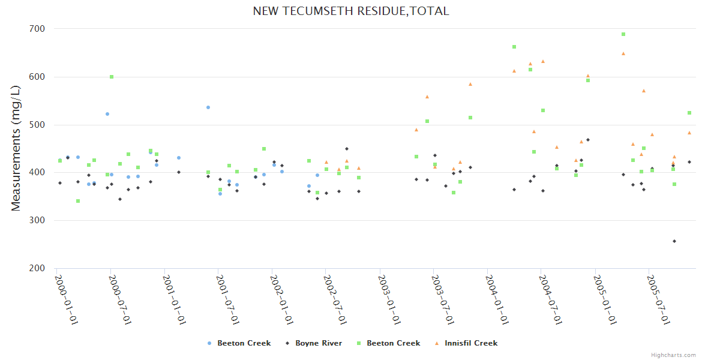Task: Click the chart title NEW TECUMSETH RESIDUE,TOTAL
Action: pyautogui.click(x=350, y=11)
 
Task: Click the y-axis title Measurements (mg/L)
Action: pyautogui.click(x=16, y=148)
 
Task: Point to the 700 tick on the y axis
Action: pyautogui.click(x=38, y=29)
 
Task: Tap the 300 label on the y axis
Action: pyautogui.click(x=38, y=220)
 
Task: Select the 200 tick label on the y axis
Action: pyautogui.click(x=38, y=268)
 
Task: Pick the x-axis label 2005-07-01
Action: pyautogui.click(x=658, y=299)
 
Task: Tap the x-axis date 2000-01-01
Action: pyautogui.click(x=67, y=299)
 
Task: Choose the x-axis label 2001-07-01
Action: pyautogui.click(x=228, y=299)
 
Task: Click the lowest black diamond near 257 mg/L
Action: pyautogui.click(x=674, y=241)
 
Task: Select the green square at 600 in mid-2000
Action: pyautogui.click(x=112, y=77)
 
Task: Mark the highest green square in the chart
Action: pyautogui.click(x=623, y=34)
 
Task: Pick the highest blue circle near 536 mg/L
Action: pyautogui.click(x=208, y=107)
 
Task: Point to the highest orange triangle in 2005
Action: pyautogui.click(x=623, y=53)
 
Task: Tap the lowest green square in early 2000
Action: pyautogui.click(x=78, y=201)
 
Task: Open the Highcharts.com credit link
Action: pyautogui.click(x=673, y=355)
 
